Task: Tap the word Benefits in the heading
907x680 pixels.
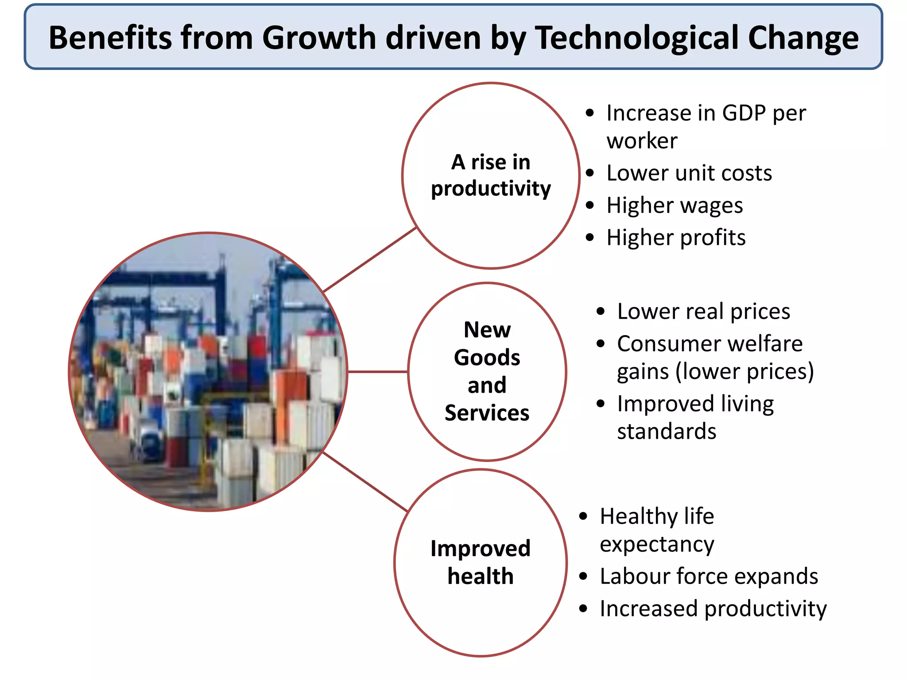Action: coord(110,38)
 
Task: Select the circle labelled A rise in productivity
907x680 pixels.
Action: coord(491,175)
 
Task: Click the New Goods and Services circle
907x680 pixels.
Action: coord(487,371)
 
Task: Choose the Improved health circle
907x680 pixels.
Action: coord(481,562)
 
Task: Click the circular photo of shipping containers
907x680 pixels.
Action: coord(208,371)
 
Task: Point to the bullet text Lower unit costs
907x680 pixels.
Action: coord(689,173)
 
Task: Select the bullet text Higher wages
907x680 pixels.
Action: coord(674,205)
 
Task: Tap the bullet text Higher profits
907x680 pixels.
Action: coord(676,238)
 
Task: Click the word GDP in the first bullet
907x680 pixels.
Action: coord(744,113)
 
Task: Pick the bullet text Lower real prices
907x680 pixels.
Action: coord(703,311)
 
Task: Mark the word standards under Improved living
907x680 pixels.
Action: coord(667,432)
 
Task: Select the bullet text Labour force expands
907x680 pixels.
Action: coord(709,576)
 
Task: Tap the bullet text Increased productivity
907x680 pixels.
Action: coord(713,609)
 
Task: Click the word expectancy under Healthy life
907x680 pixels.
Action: coord(657,545)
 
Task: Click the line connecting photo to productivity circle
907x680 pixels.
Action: coord(370,259)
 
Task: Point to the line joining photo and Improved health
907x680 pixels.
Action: coord(365,482)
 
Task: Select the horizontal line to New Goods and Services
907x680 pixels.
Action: coord(377,372)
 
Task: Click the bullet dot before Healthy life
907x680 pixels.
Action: coord(583,516)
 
